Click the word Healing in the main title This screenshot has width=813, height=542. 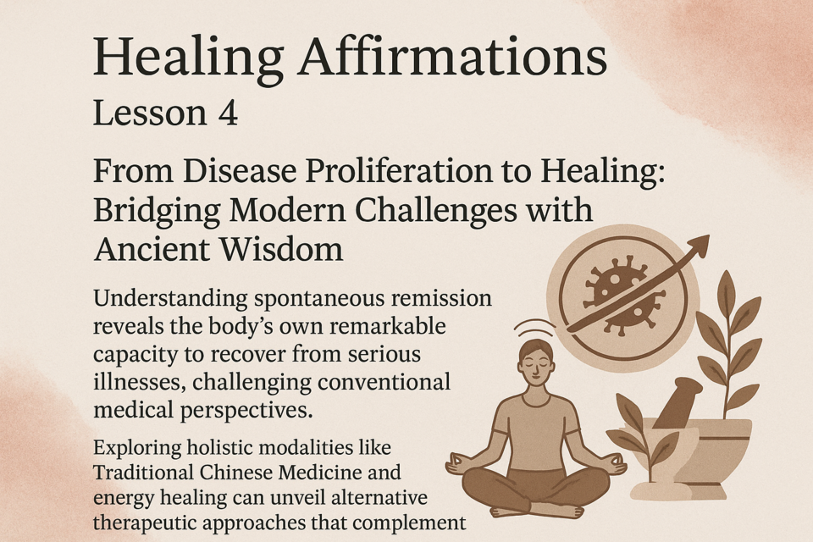[188, 58]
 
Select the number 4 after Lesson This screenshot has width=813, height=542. [228, 113]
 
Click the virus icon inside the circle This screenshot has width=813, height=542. [617, 296]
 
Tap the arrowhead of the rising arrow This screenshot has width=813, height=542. [697, 245]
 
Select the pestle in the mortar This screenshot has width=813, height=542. [677, 402]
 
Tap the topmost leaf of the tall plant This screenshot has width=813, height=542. [727, 286]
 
